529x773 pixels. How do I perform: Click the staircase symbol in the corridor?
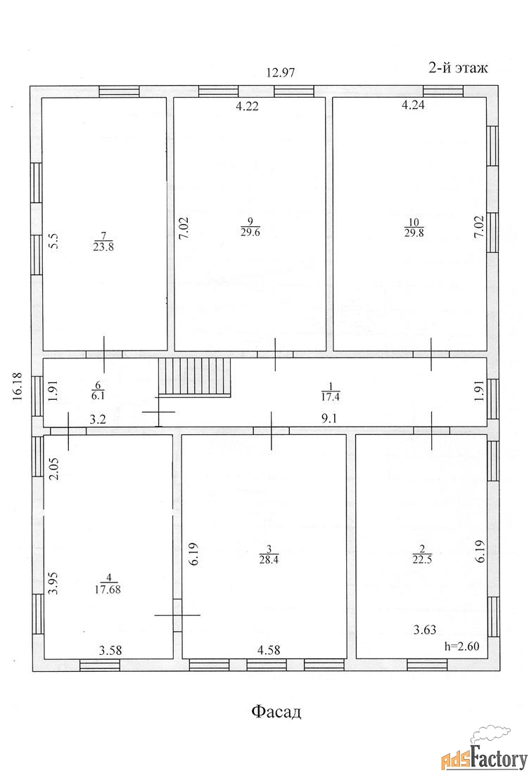point(194,377)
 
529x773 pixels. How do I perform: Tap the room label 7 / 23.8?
point(103,242)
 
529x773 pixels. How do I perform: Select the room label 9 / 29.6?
point(250,227)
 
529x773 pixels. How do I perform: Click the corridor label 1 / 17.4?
point(331,391)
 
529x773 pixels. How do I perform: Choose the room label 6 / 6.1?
point(98,390)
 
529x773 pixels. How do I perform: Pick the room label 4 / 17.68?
point(108,584)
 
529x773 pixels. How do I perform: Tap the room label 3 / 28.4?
point(269,554)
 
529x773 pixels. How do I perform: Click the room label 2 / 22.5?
point(422,554)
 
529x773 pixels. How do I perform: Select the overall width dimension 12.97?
point(280,73)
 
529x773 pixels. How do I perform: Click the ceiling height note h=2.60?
point(461,646)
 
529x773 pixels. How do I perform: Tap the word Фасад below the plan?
point(276,712)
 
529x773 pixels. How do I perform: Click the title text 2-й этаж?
point(457,67)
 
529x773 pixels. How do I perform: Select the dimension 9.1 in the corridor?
point(330,419)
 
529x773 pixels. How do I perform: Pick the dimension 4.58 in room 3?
point(269,650)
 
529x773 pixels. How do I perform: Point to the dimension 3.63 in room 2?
point(424,630)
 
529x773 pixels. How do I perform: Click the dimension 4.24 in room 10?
point(413,105)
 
